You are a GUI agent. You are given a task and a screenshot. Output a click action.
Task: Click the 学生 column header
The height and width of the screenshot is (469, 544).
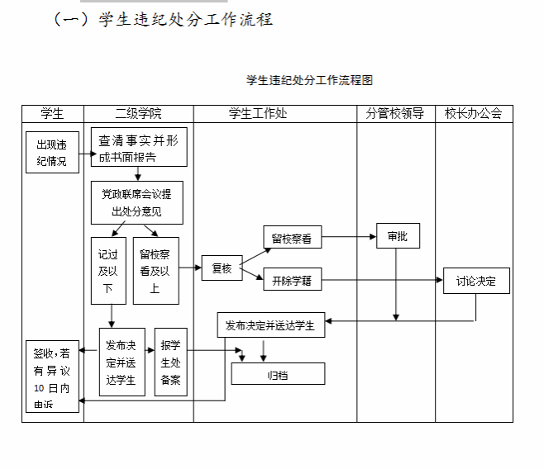coord(52,114)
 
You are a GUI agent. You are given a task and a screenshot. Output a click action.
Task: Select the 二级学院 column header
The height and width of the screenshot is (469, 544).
coord(138,114)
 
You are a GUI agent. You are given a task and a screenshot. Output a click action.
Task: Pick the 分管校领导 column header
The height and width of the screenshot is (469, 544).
coord(395,114)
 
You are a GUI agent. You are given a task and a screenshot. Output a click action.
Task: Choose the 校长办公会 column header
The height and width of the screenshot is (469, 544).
coord(473,114)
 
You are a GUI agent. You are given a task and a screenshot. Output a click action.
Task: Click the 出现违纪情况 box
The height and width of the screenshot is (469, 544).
coord(52,153)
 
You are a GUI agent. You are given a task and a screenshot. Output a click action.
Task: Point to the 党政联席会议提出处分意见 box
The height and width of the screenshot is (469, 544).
coord(136,202)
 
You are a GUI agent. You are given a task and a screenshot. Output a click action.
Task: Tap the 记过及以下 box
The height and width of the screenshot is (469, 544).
coord(107,270)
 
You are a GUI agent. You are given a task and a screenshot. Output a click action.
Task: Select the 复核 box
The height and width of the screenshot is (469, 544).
coord(222,268)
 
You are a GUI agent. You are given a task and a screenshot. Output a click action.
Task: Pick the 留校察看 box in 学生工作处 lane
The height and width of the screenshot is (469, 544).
coord(293,238)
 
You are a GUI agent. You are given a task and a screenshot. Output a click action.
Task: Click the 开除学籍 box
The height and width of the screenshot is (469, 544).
coord(293,280)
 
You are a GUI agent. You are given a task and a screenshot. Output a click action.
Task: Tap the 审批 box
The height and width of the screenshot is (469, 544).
coord(397,236)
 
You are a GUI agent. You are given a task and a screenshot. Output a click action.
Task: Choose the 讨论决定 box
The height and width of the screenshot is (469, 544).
coord(476,281)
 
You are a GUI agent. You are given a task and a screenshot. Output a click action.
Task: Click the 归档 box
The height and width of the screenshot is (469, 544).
coord(278,375)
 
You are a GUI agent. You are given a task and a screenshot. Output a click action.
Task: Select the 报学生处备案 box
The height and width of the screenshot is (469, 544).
coord(170,362)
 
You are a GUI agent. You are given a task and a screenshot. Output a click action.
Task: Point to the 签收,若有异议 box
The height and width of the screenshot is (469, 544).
coord(52,376)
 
